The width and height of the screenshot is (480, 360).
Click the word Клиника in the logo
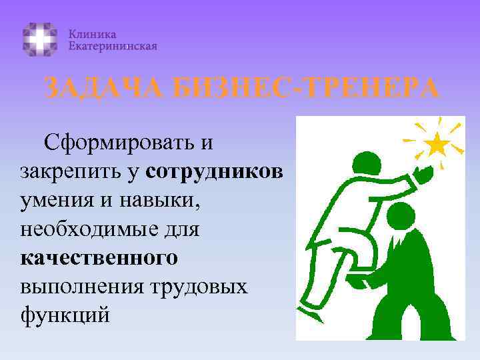[93, 33]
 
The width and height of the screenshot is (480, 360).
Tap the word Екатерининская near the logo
[113, 46]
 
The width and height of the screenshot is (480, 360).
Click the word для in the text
[181, 229]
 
